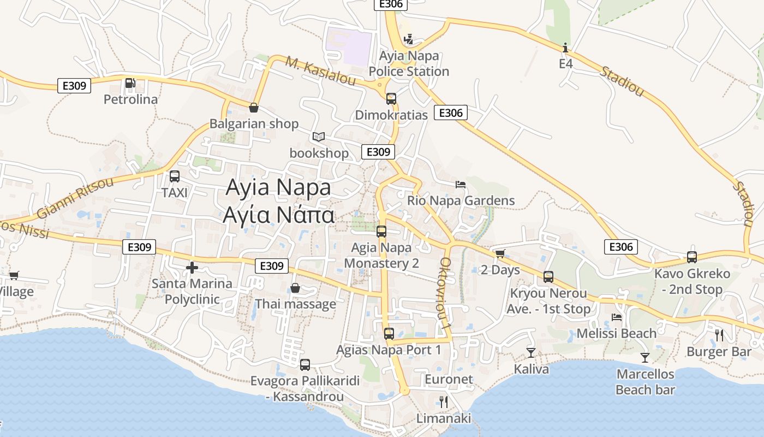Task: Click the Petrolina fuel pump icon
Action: tap(130, 83)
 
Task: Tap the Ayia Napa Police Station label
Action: tap(409, 63)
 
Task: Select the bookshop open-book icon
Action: tap(319, 137)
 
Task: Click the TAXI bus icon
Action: tap(175, 176)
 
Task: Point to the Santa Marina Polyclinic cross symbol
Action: tap(192, 268)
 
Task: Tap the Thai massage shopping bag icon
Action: tap(295, 288)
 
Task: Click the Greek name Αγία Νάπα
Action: tap(278, 215)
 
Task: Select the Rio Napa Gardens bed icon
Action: tap(461, 185)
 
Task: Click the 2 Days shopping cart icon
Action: tap(500, 253)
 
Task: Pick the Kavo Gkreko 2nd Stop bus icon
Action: tap(692, 257)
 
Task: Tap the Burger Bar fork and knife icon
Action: tap(719, 335)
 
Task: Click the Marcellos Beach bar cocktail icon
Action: tap(645, 358)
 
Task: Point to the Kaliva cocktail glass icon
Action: tap(531, 353)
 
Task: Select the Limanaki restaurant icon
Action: tap(443, 402)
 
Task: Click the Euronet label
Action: tap(449, 379)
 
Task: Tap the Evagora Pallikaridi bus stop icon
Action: tap(305, 364)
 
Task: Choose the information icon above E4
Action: tap(566, 48)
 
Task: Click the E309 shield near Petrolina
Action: tap(74, 85)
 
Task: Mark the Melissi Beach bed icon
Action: tap(617, 317)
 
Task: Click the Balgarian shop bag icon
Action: tap(254, 108)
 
